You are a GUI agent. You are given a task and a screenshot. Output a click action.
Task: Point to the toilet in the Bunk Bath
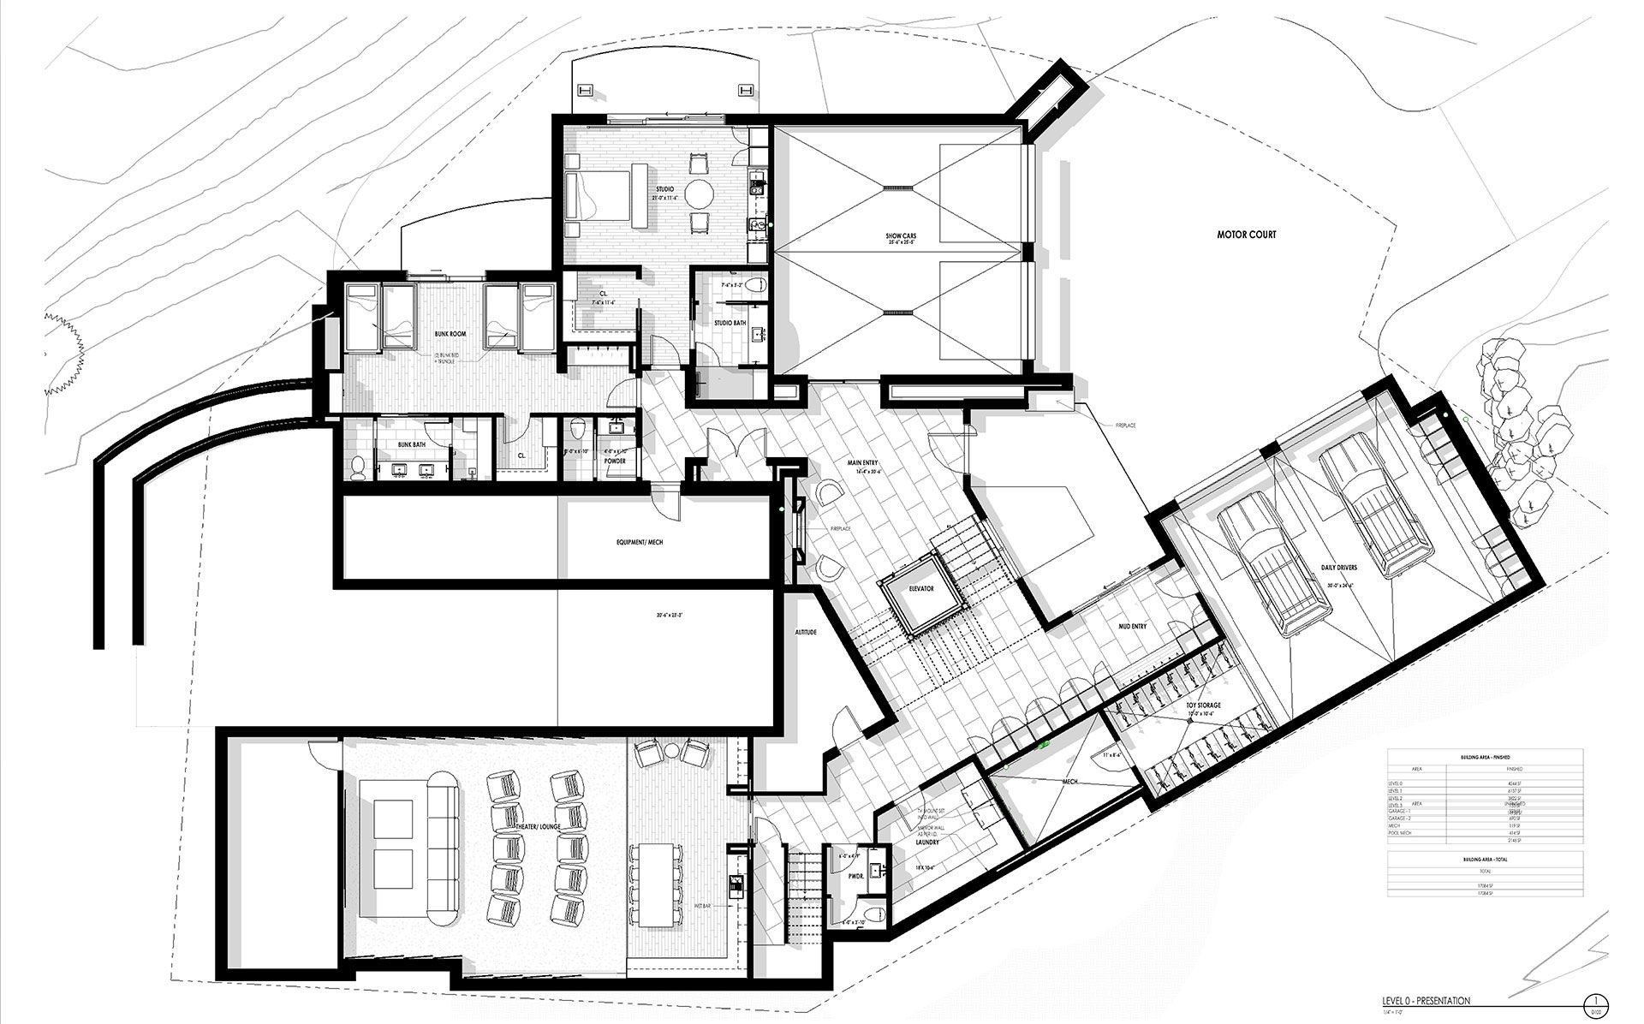[x=359, y=467]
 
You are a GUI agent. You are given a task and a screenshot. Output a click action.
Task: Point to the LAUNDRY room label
[x=926, y=842]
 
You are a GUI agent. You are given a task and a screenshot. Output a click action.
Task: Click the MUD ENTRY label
[x=1133, y=626]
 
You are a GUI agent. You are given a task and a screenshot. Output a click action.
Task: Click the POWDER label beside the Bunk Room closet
[x=615, y=461]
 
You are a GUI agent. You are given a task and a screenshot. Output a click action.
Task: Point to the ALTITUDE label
[x=806, y=632]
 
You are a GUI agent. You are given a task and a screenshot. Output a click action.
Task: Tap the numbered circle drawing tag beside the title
[x=1594, y=1001]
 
